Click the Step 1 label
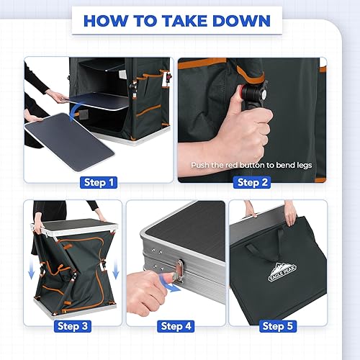[99, 182]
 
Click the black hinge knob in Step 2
[255, 94]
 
